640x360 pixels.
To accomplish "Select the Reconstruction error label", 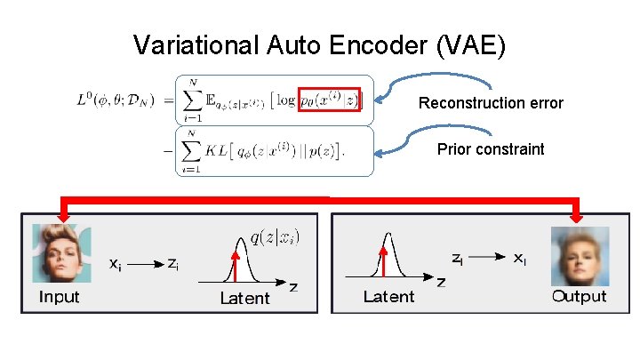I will click(x=491, y=103).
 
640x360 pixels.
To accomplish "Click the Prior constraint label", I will click(x=491, y=149).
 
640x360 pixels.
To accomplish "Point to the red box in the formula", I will click(x=329, y=99).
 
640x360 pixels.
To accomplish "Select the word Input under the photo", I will click(x=59, y=297).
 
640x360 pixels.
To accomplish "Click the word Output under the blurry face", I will click(x=579, y=297).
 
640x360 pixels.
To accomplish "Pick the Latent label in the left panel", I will click(x=244, y=299).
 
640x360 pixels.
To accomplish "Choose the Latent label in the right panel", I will click(x=388, y=297).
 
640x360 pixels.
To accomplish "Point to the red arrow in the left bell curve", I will click(x=236, y=266).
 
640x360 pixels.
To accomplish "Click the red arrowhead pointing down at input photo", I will click(x=63, y=213).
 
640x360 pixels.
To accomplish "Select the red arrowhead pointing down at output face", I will click(x=575, y=214).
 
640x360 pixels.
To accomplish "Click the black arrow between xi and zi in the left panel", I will click(x=145, y=264).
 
